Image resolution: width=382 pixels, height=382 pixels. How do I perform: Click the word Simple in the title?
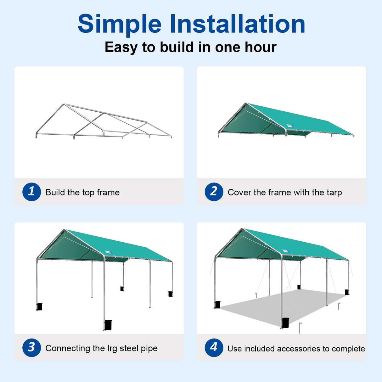(119, 25)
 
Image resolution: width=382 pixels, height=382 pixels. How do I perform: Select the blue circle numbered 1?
(31, 192)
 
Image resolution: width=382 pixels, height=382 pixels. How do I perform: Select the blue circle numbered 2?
(214, 192)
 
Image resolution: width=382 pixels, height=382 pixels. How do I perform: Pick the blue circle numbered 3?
(31, 347)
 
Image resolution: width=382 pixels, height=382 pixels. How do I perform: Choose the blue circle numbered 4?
(214, 347)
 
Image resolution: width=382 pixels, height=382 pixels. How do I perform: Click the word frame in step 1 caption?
(108, 192)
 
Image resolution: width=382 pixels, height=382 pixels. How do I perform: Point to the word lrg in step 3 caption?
(112, 349)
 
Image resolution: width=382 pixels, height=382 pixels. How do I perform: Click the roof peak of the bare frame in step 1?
(64, 104)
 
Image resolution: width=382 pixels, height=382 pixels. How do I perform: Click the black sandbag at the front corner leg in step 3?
(108, 325)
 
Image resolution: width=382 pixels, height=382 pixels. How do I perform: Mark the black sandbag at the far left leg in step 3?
(40, 306)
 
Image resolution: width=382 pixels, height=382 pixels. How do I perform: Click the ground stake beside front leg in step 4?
(300, 327)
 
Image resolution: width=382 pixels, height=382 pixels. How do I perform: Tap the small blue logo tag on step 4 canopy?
(285, 251)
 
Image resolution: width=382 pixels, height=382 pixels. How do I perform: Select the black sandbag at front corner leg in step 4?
(285, 323)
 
